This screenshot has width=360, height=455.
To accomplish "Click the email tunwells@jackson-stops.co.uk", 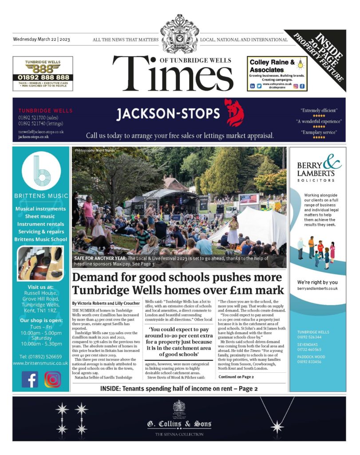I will click(x=41, y=132).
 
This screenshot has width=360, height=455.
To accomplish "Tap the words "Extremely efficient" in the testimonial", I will click(x=319, y=110).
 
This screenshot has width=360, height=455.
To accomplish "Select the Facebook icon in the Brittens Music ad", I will click(x=30, y=379).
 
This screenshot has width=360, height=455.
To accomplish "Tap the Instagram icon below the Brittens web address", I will click(x=52, y=379).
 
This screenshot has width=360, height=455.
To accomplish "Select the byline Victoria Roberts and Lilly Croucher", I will click(x=106, y=303).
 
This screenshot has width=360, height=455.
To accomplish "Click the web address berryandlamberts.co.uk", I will click(x=317, y=288).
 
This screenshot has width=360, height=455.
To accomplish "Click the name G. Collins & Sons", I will click(x=179, y=424).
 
